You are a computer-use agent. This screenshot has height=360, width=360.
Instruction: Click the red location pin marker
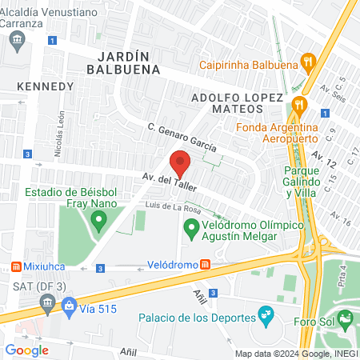(181, 162)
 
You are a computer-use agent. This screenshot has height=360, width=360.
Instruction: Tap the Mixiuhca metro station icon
(15, 266)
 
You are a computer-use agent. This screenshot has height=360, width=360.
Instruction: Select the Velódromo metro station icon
(205, 264)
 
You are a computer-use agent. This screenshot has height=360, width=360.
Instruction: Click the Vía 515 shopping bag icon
(70, 304)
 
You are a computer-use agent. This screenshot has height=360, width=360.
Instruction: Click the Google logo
(26, 350)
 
